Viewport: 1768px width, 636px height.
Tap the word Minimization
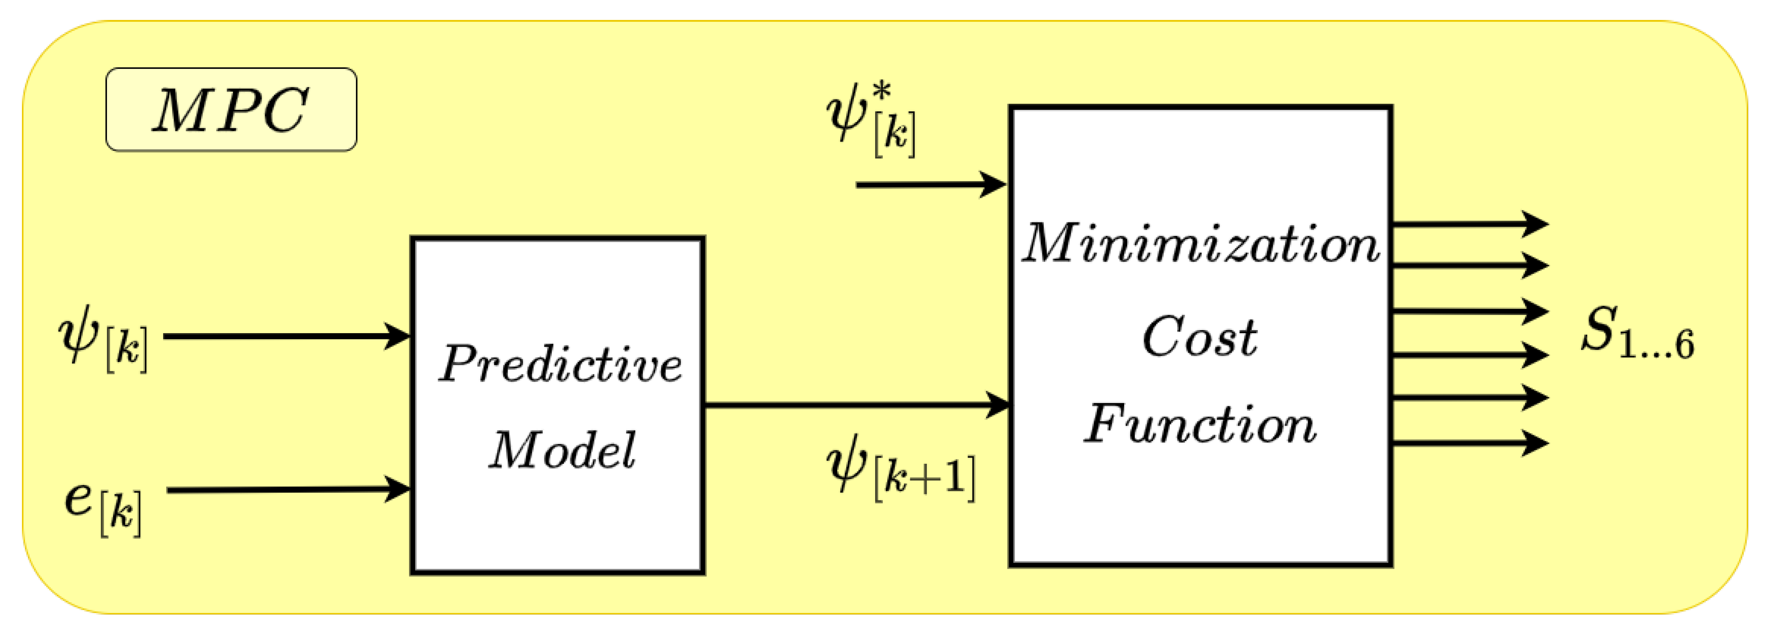[x=1200, y=244]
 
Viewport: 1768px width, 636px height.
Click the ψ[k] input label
[x=103, y=341]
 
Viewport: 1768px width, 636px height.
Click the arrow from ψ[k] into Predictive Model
[x=285, y=336]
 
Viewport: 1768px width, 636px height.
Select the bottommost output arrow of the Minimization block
[x=1469, y=443]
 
